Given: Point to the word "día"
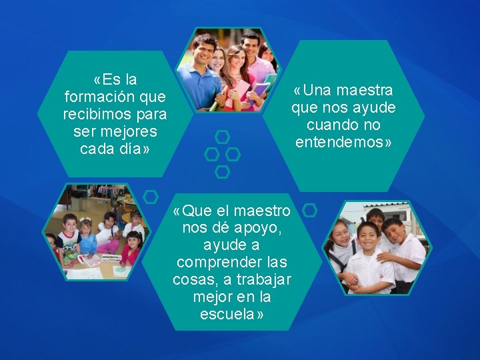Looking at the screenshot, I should (130, 149).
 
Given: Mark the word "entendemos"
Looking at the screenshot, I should (340, 142).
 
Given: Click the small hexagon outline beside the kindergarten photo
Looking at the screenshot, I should (151, 197).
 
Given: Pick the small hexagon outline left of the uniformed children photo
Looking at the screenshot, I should (309, 211).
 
